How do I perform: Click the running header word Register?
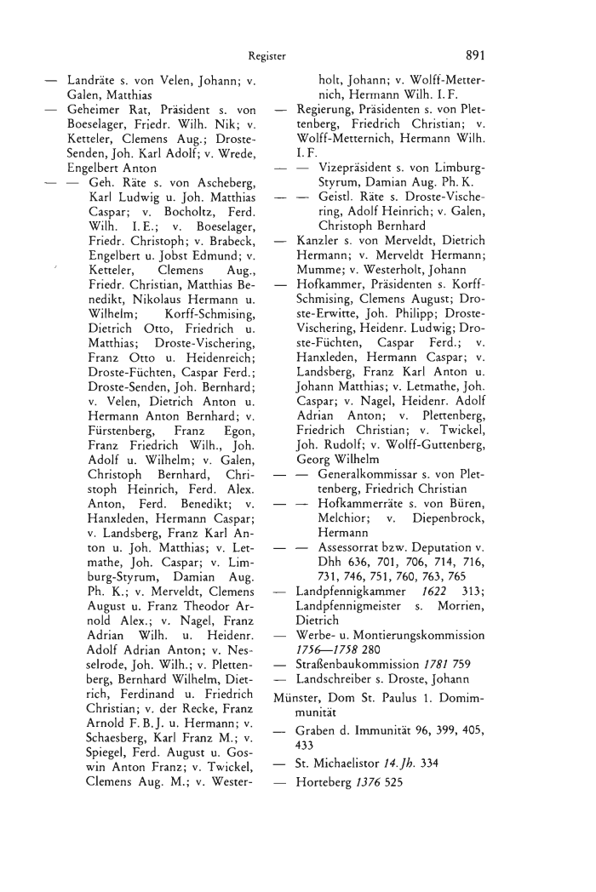[x=266, y=57]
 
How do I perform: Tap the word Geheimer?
[x=95, y=112]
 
